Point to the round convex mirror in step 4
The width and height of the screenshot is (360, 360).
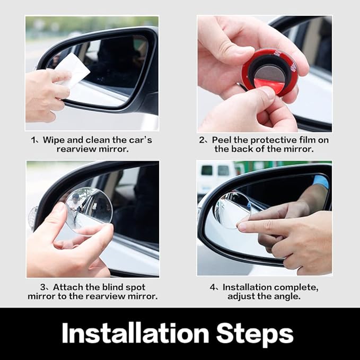(232, 210)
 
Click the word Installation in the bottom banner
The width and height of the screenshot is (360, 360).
(135, 334)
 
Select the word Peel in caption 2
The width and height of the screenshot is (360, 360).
(222, 140)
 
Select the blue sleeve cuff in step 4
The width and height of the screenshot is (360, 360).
(320, 181)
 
